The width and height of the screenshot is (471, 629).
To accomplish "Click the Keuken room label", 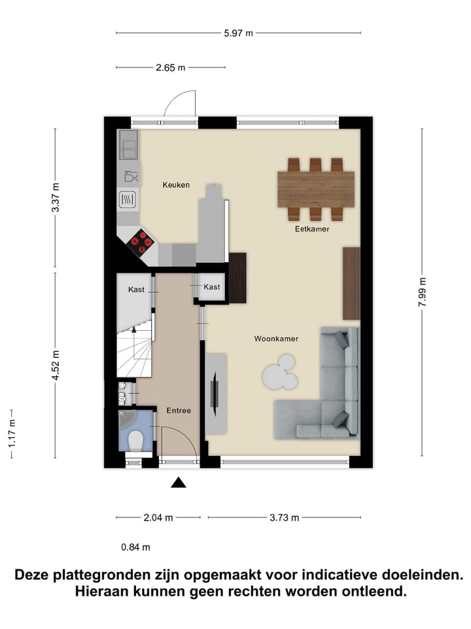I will pyautogui.click(x=176, y=185).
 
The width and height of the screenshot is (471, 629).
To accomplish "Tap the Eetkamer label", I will pyautogui.click(x=311, y=229).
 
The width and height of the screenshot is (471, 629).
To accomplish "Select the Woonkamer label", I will pyautogui.click(x=277, y=339).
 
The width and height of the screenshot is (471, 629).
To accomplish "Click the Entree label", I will pyautogui.click(x=179, y=410).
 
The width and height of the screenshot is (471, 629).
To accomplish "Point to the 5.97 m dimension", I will pyautogui.click(x=239, y=33).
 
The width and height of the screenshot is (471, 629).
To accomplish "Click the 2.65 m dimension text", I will pyautogui.click(x=171, y=67).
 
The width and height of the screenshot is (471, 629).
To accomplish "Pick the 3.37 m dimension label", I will pyautogui.click(x=56, y=197).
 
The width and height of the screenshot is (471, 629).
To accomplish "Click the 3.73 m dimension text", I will pyautogui.click(x=285, y=518).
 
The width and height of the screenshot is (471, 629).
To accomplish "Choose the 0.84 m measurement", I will pyautogui.click(x=136, y=547).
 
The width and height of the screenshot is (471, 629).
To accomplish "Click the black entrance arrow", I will pyautogui.click(x=179, y=483).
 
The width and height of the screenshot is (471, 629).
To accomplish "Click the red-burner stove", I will pyautogui.click(x=141, y=242).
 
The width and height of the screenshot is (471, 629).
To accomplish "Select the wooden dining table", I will pyautogui.click(x=316, y=189).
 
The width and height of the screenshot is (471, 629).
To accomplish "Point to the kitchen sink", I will pyautogui.click(x=128, y=145).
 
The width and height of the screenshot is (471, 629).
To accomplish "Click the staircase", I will pyautogui.click(x=135, y=347).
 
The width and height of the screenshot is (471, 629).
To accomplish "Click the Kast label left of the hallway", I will pyautogui.click(x=136, y=289).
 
